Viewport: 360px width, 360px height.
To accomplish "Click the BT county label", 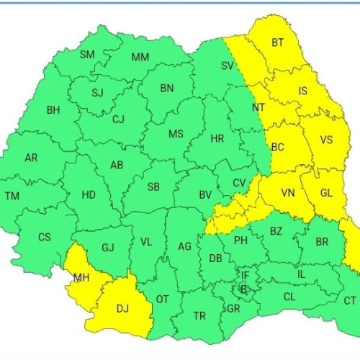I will [278, 43].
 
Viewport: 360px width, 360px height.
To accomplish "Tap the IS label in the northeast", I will [302, 91].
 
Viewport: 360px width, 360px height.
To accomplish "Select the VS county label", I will [325, 140].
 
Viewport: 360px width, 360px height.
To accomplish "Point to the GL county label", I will [326, 192].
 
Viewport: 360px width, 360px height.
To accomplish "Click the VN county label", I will [288, 193].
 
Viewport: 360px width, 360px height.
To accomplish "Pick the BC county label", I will [278, 147].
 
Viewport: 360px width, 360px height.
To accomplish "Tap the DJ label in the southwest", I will [122, 309].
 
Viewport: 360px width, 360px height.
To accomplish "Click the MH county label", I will [81, 276].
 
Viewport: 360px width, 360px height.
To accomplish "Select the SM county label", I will [87, 55].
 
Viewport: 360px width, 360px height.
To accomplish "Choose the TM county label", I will [12, 196].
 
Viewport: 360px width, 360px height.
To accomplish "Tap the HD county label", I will [89, 194].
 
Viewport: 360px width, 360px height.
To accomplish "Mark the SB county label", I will [153, 187].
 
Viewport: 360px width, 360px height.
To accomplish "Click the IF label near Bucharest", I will [245, 275].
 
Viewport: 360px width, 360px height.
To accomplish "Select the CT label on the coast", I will [350, 300].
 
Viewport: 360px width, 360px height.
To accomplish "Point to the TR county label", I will [199, 315].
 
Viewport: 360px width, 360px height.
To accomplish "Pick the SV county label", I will [227, 66].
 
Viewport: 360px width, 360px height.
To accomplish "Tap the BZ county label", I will [276, 230].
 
